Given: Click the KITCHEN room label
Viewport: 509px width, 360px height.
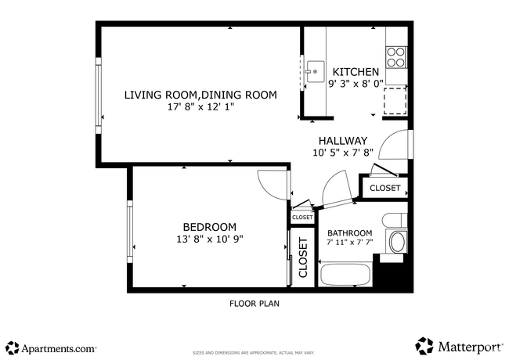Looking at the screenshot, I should pos(356,71).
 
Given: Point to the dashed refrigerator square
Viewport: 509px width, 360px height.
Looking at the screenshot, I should pos(395,100).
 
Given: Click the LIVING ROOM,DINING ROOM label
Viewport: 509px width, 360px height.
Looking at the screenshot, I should pos(200,95).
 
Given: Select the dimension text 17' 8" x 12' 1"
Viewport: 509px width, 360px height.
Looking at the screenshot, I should pos(200,107).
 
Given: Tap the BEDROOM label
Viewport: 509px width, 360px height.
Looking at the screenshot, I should pos(209,227).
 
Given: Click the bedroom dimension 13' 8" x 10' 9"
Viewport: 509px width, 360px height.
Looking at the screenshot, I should pos(209,239).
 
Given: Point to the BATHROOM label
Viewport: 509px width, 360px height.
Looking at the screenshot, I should pos(350,233).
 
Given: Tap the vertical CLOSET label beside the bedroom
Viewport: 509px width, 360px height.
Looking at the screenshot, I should pos(302,257).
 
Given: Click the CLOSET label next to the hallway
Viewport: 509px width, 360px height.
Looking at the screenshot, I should pos(384,188).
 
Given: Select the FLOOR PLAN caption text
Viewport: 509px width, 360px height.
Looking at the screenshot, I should pos(254,303).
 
